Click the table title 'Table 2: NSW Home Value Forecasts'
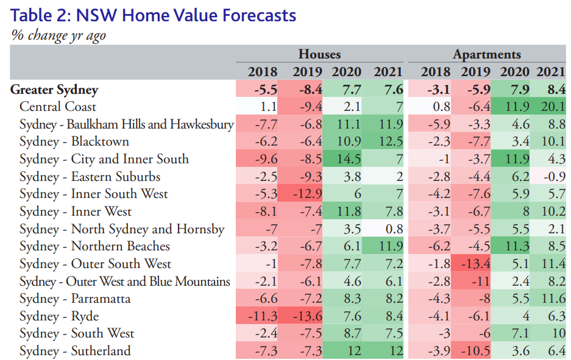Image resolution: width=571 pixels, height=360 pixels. [154, 15]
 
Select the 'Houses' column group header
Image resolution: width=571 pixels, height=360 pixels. [319, 55]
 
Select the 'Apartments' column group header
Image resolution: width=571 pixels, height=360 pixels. [486, 55]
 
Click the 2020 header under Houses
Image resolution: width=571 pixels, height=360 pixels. [346, 72]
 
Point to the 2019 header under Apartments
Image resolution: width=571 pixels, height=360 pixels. [475, 72]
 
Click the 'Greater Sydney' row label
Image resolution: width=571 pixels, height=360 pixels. [54, 90]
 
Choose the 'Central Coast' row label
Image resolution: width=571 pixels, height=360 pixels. [57, 107]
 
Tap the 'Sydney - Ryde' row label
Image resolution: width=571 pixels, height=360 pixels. [59, 316]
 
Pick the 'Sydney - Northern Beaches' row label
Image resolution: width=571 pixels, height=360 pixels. [94, 246]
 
